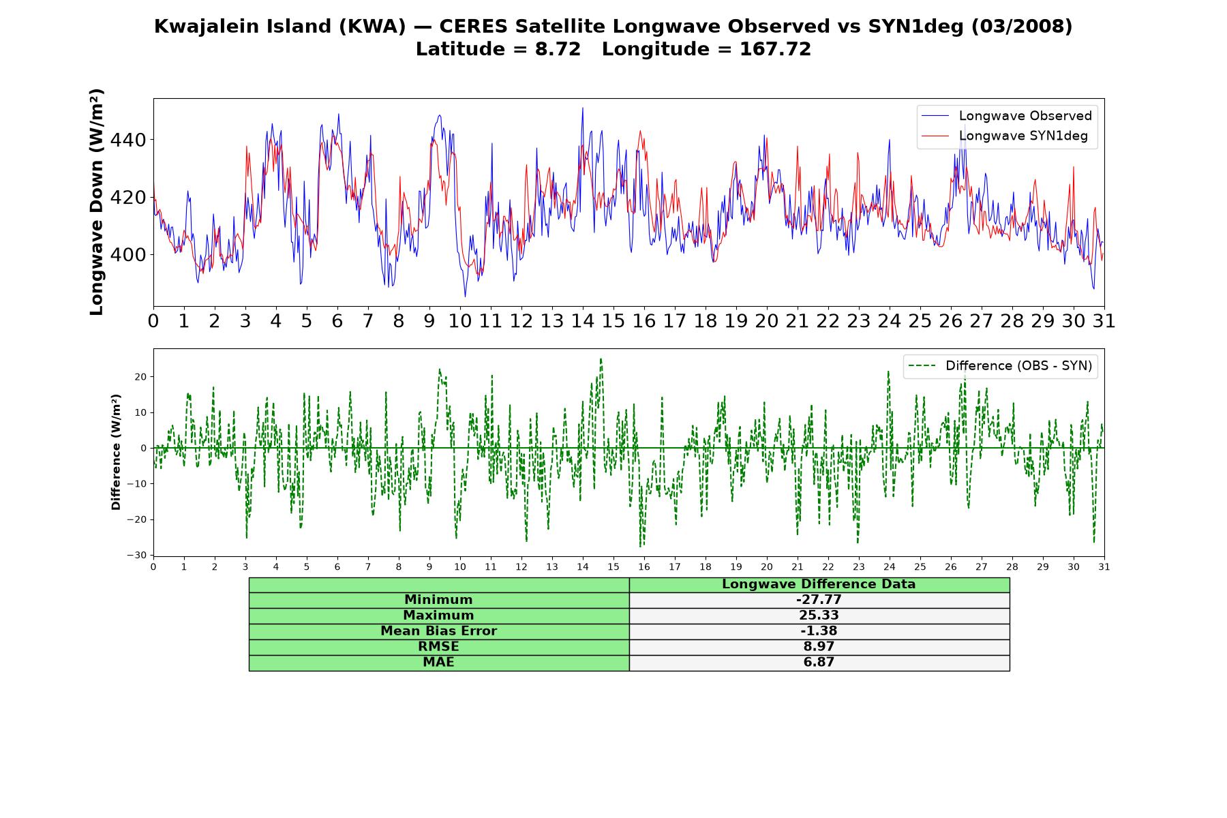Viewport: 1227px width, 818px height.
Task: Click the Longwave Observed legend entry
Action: (1007, 116)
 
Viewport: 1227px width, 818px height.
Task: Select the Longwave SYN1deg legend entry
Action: (1005, 136)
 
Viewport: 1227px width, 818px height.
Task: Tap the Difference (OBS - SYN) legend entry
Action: (1000, 366)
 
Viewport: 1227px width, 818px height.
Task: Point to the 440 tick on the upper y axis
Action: (129, 140)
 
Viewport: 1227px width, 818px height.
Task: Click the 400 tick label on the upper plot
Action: (129, 255)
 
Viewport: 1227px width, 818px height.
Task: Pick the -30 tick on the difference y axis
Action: (136, 556)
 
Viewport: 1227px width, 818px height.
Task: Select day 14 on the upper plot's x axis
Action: (582, 321)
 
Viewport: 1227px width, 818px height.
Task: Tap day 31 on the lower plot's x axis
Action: (1104, 567)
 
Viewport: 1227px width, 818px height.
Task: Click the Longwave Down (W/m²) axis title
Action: (96, 202)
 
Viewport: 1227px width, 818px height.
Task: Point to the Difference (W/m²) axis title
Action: (116, 452)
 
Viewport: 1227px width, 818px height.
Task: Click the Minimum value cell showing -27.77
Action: (819, 600)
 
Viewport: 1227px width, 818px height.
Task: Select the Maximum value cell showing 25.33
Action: (819, 616)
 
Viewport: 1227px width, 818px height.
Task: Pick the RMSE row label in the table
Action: (438, 647)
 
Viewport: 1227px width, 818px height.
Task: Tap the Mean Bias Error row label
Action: (438, 631)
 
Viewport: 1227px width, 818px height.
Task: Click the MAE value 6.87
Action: (819, 663)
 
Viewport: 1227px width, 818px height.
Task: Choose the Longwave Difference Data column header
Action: (819, 584)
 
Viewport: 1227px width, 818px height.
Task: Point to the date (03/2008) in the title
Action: (1021, 27)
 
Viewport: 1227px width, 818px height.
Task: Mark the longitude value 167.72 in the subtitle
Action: (775, 50)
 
